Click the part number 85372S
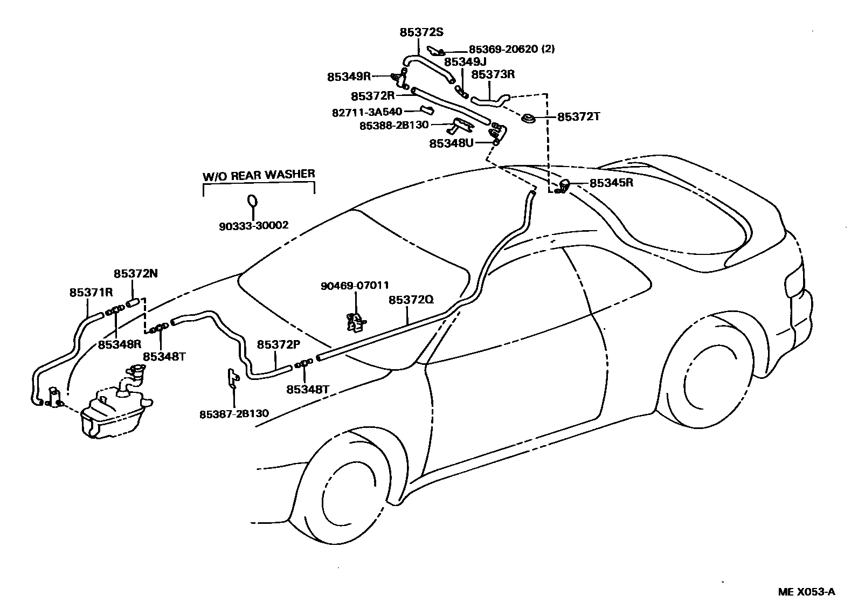tap(421, 32)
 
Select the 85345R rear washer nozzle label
tap(611, 183)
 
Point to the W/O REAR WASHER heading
tap(259, 175)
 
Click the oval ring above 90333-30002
tap(252, 200)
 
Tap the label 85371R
tap(91, 293)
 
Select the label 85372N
tap(135, 273)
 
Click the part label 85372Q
tap(411, 300)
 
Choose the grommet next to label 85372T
tap(529, 118)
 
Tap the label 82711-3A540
tap(366, 112)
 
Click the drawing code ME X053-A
tap(806, 592)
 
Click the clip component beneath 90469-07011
tap(356, 322)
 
